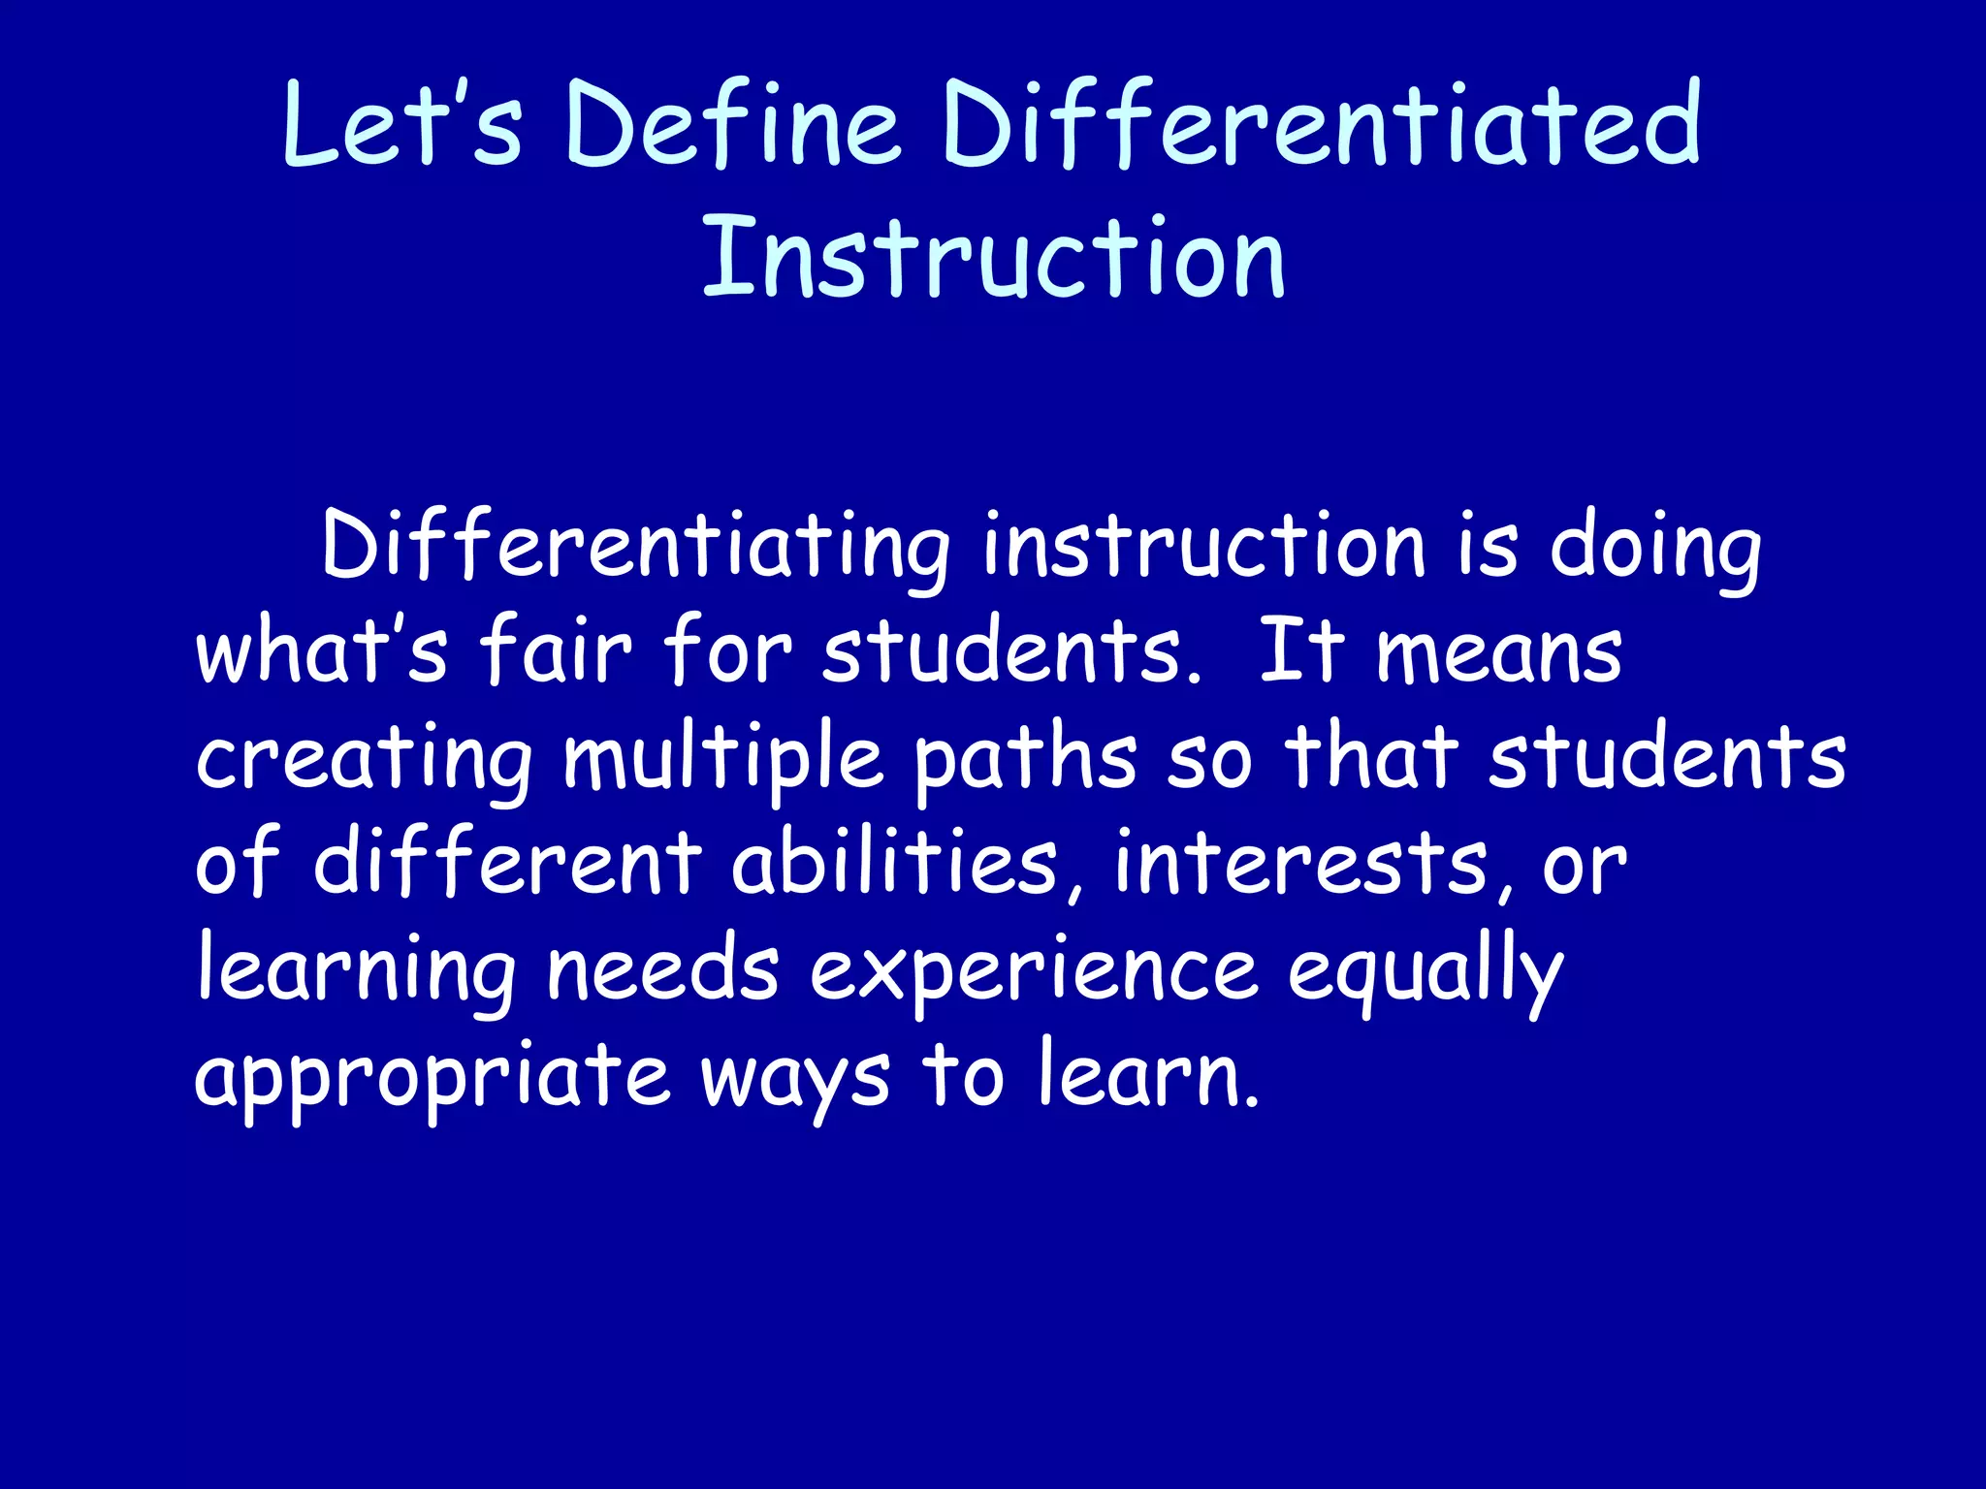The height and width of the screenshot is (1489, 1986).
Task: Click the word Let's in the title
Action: click(x=402, y=125)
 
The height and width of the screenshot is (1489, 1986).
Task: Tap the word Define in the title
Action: click(x=732, y=125)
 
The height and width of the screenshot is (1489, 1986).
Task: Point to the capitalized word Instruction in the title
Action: click(x=993, y=257)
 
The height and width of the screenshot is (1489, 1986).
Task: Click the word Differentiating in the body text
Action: click(x=635, y=548)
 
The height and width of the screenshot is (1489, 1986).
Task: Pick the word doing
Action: click(x=1654, y=548)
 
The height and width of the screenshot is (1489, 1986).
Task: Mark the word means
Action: click(x=1499, y=651)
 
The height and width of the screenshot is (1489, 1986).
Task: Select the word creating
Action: click(x=364, y=759)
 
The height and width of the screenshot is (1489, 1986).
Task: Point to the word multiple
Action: click(x=723, y=759)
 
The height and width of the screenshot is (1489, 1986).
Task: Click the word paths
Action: click(x=1026, y=759)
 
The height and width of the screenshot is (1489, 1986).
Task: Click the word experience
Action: click(x=1034, y=972)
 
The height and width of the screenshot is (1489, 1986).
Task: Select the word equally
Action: click(x=1425, y=972)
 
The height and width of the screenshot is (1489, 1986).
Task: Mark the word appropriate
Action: click(x=432, y=1078)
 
